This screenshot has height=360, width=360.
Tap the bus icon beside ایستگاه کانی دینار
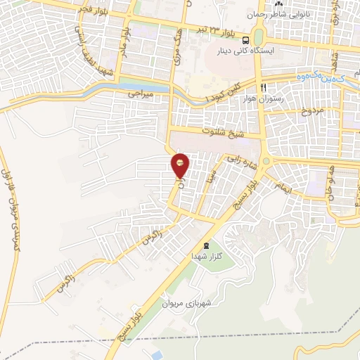click(x=246, y=40)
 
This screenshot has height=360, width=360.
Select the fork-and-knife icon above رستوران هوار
click(x=263, y=88)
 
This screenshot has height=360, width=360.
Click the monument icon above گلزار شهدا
click(x=205, y=245)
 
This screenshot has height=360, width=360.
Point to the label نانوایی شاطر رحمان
click(x=287, y=14)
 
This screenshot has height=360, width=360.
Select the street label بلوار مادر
click(x=124, y=44)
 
